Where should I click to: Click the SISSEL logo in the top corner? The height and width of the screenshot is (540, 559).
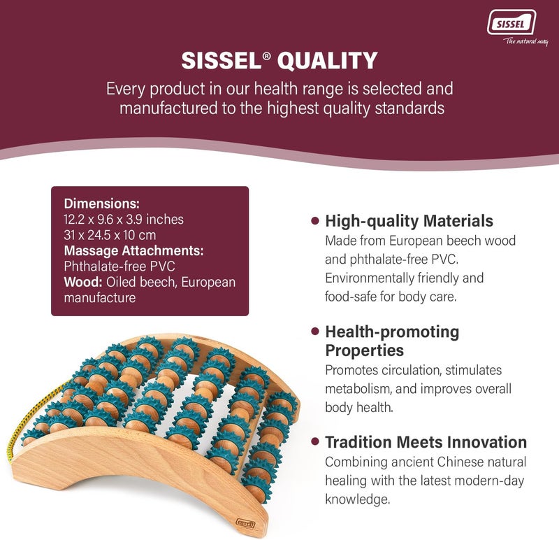tap(511, 22)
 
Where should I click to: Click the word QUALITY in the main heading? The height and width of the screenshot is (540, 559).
tap(328, 61)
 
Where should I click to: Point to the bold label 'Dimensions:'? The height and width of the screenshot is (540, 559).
tap(101, 204)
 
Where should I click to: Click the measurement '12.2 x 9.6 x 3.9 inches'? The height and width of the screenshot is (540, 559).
tap(124, 220)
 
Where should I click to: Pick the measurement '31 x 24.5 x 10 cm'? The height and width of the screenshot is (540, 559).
tap(110, 235)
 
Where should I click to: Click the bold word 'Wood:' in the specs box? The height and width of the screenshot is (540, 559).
tap(83, 282)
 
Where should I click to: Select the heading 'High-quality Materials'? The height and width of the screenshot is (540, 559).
tap(409, 221)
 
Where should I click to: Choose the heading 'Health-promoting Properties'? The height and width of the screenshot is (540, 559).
tap(391, 340)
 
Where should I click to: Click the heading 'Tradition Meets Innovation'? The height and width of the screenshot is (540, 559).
tap(426, 442)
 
